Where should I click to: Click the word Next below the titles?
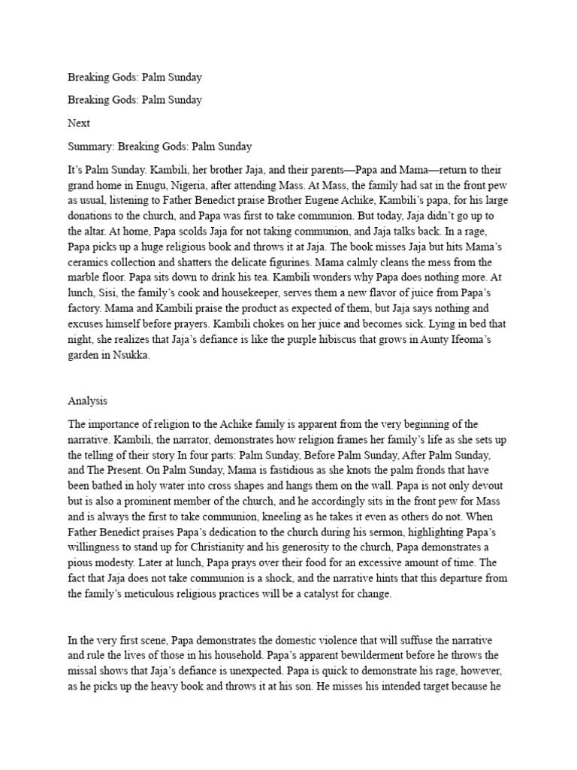tap(79, 122)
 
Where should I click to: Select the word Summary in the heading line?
tap(91, 146)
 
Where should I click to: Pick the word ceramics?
tap(91, 262)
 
